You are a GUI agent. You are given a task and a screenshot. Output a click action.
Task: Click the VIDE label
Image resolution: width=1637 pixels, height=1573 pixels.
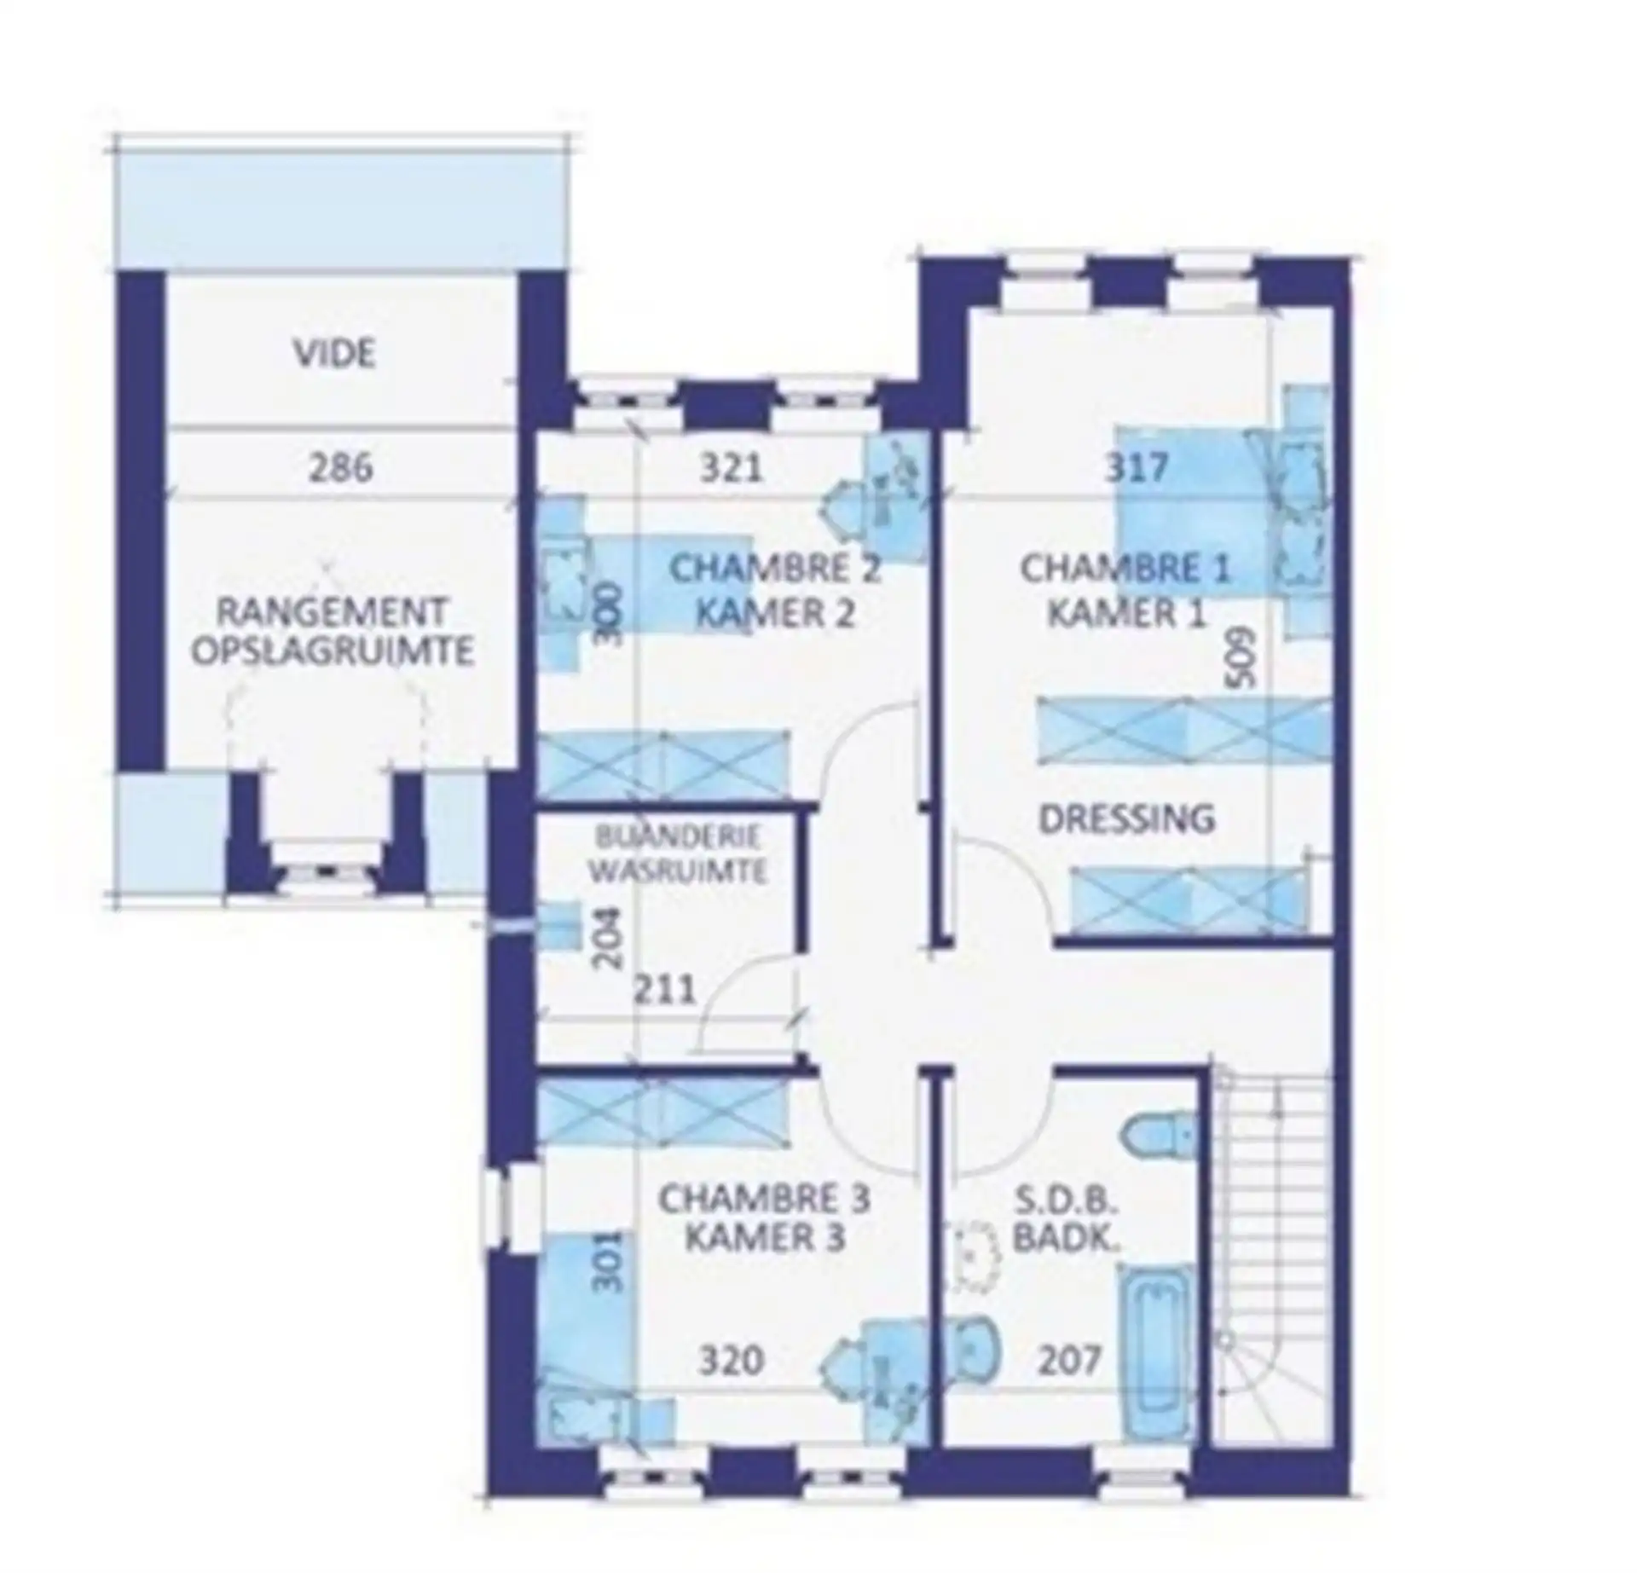335,354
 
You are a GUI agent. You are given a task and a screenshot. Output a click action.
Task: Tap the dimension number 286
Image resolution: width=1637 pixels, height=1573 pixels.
340,468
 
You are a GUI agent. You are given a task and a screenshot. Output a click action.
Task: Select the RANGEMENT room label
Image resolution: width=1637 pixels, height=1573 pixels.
332,612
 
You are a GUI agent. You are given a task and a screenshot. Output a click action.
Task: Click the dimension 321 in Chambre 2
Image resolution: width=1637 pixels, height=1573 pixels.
731,468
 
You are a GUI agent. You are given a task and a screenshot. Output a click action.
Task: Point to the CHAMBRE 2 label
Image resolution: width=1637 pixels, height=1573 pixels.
774,570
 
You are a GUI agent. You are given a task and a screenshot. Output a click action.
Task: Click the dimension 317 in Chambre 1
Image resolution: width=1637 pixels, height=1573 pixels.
1137,468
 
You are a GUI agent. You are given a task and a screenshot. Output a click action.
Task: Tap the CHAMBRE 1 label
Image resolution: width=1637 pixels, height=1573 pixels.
1125,570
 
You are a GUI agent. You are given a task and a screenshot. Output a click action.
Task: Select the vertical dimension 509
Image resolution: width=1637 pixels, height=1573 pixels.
1241,657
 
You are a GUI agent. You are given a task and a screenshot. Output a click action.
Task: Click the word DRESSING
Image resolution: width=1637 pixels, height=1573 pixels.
1126,818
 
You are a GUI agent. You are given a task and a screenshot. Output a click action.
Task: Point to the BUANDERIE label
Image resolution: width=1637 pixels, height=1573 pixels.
679,836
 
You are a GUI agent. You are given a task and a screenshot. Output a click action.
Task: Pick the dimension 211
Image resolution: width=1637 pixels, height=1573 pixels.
665,989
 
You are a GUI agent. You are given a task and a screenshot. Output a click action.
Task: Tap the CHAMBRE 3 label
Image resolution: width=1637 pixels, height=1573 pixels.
764,1200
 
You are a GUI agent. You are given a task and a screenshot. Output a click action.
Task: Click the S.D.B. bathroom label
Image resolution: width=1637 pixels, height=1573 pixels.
1065,1200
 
